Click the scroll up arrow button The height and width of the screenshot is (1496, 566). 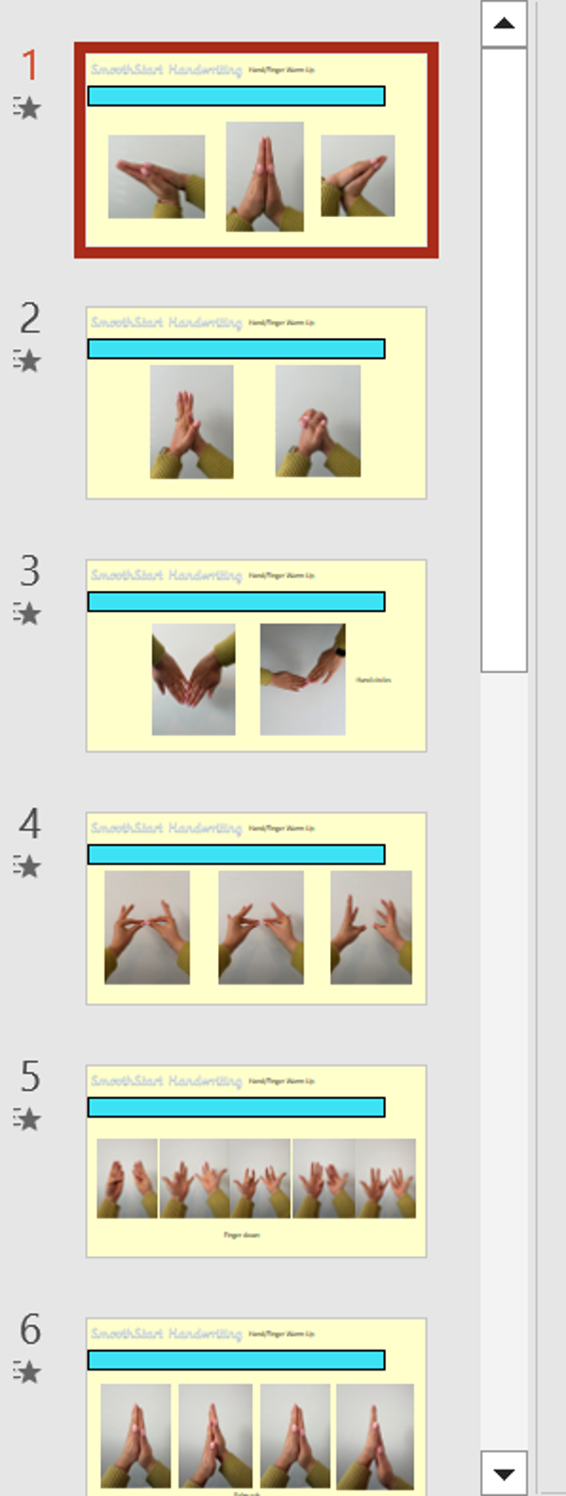tap(504, 24)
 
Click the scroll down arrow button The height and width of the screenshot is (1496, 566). tap(504, 1473)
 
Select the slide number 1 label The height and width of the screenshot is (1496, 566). tap(30, 65)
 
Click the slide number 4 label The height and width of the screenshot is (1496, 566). tap(30, 824)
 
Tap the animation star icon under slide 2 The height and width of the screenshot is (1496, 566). tap(27, 361)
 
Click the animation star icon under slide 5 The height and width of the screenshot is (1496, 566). tap(27, 1119)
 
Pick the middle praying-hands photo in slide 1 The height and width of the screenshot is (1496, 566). tap(265, 176)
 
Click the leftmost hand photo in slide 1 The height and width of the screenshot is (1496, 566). tap(157, 176)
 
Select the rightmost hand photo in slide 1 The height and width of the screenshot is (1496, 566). tap(358, 176)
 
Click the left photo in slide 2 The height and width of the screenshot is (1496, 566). tap(191, 422)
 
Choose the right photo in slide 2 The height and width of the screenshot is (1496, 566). tap(318, 422)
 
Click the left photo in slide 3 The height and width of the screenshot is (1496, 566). tap(193, 679)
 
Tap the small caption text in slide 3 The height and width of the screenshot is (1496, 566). tap(374, 680)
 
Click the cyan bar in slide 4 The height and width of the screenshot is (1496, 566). tap(236, 854)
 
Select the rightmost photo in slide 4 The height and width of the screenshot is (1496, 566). tap(371, 927)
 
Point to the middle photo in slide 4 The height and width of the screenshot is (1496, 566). tap(261, 927)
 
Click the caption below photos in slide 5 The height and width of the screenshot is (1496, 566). tap(241, 1235)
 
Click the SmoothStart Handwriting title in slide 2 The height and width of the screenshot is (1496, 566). tap(166, 323)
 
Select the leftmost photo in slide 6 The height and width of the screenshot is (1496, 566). tap(136, 1435)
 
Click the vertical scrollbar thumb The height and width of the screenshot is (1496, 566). tap(504, 359)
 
